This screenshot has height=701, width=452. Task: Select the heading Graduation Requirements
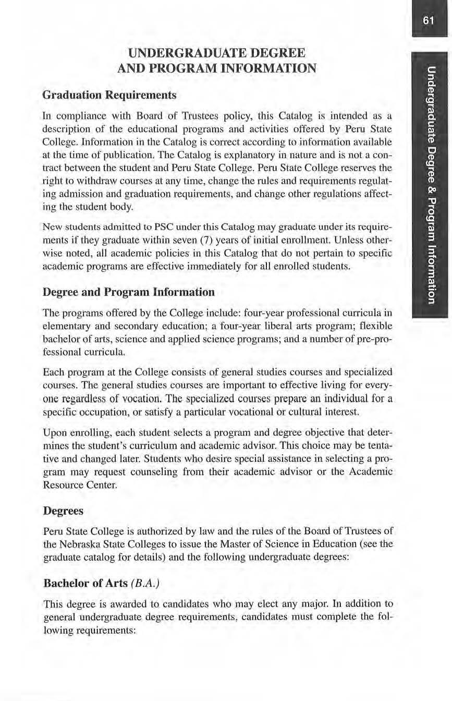point(109,96)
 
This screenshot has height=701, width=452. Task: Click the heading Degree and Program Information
point(128,292)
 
